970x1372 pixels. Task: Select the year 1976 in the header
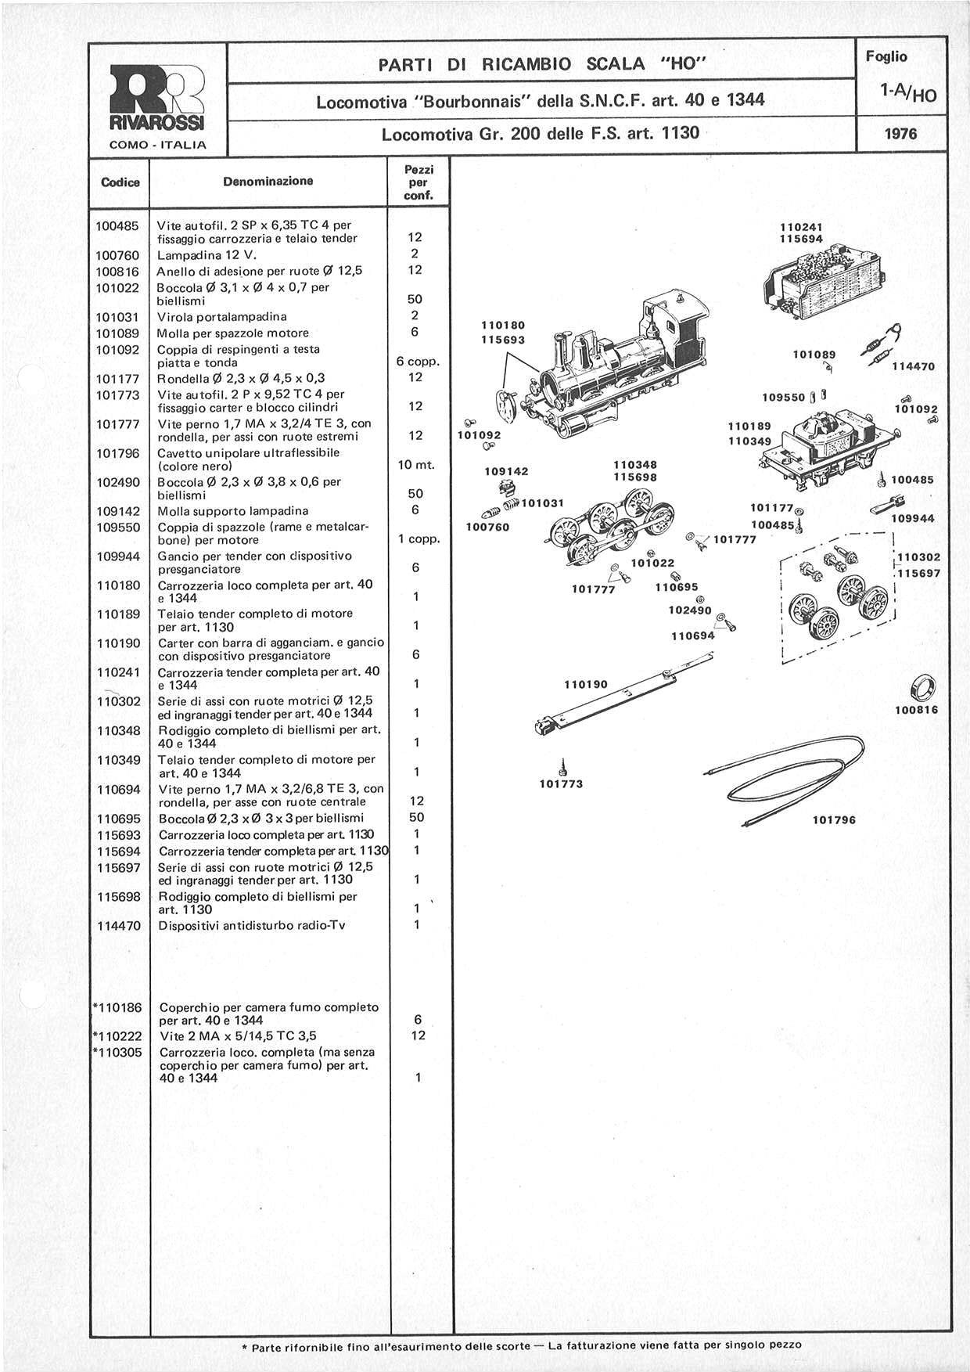(900, 134)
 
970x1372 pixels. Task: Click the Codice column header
(120, 182)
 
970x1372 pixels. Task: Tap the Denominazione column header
(268, 182)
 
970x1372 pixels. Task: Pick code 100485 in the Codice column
(117, 225)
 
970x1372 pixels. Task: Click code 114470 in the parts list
(117, 925)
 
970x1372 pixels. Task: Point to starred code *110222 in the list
(117, 1035)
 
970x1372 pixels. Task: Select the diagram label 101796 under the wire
(834, 820)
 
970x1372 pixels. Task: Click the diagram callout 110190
(586, 684)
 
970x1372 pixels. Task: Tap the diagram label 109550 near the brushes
(784, 397)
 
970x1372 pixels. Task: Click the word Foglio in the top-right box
(886, 56)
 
